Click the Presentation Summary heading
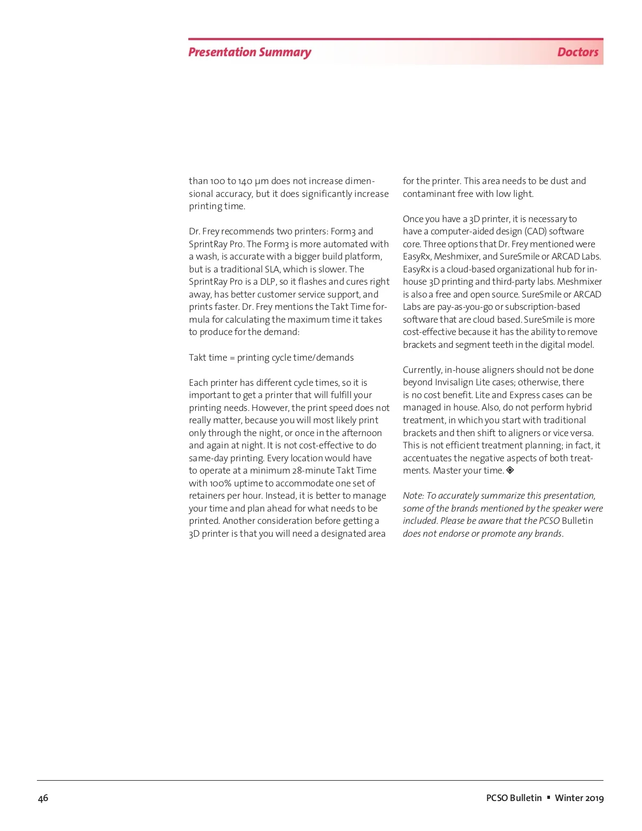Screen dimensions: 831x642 pos(249,52)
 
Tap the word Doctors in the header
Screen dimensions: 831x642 pos(577,52)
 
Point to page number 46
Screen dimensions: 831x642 pos(43,798)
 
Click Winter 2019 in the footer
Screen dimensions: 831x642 pos(579,798)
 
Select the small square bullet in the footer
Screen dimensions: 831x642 pos(548,797)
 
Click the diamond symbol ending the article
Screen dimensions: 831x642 pos(510,470)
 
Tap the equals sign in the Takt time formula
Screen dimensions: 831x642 pos(232,357)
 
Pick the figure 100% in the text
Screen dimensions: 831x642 pos(220,483)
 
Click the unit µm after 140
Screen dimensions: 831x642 pos(262,181)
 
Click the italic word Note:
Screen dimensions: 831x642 pos(413,495)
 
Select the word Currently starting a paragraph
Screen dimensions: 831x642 pos(422,370)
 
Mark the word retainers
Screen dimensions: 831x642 pos(207,495)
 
